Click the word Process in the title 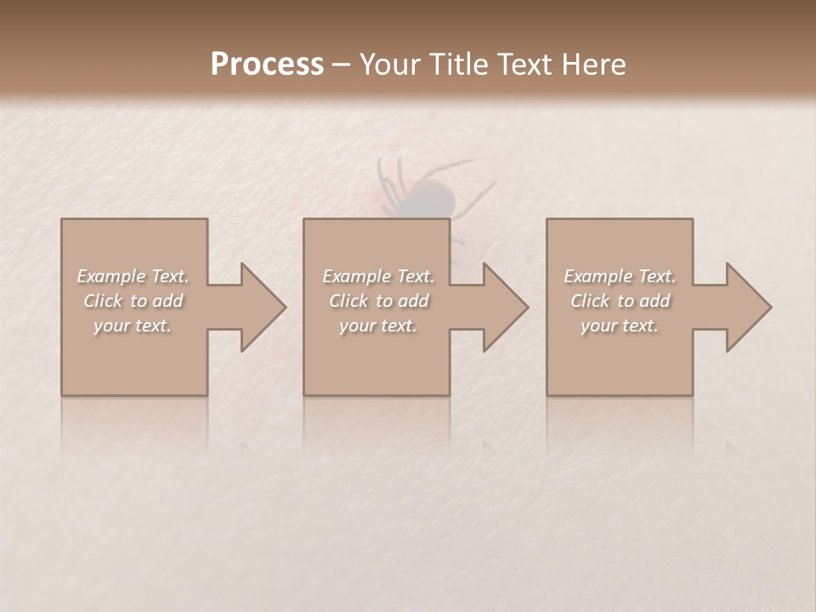pyautogui.click(x=267, y=65)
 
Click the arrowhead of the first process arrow pyautogui.click(x=263, y=307)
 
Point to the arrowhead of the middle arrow pyautogui.click(x=505, y=307)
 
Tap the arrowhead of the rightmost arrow pyautogui.click(x=748, y=307)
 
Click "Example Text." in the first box pyautogui.click(x=133, y=276)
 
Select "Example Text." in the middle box pyautogui.click(x=378, y=276)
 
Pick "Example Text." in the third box pyautogui.click(x=620, y=276)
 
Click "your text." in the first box pyautogui.click(x=133, y=326)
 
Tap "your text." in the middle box pyautogui.click(x=378, y=326)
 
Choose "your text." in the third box pyautogui.click(x=620, y=326)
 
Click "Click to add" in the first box pyautogui.click(x=133, y=301)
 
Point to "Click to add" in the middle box pyautogui.click(x=378, y=301)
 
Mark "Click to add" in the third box pyautogui.click(x=620, y=301)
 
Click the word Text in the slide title pyautogui.click(x=522, y=65)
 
